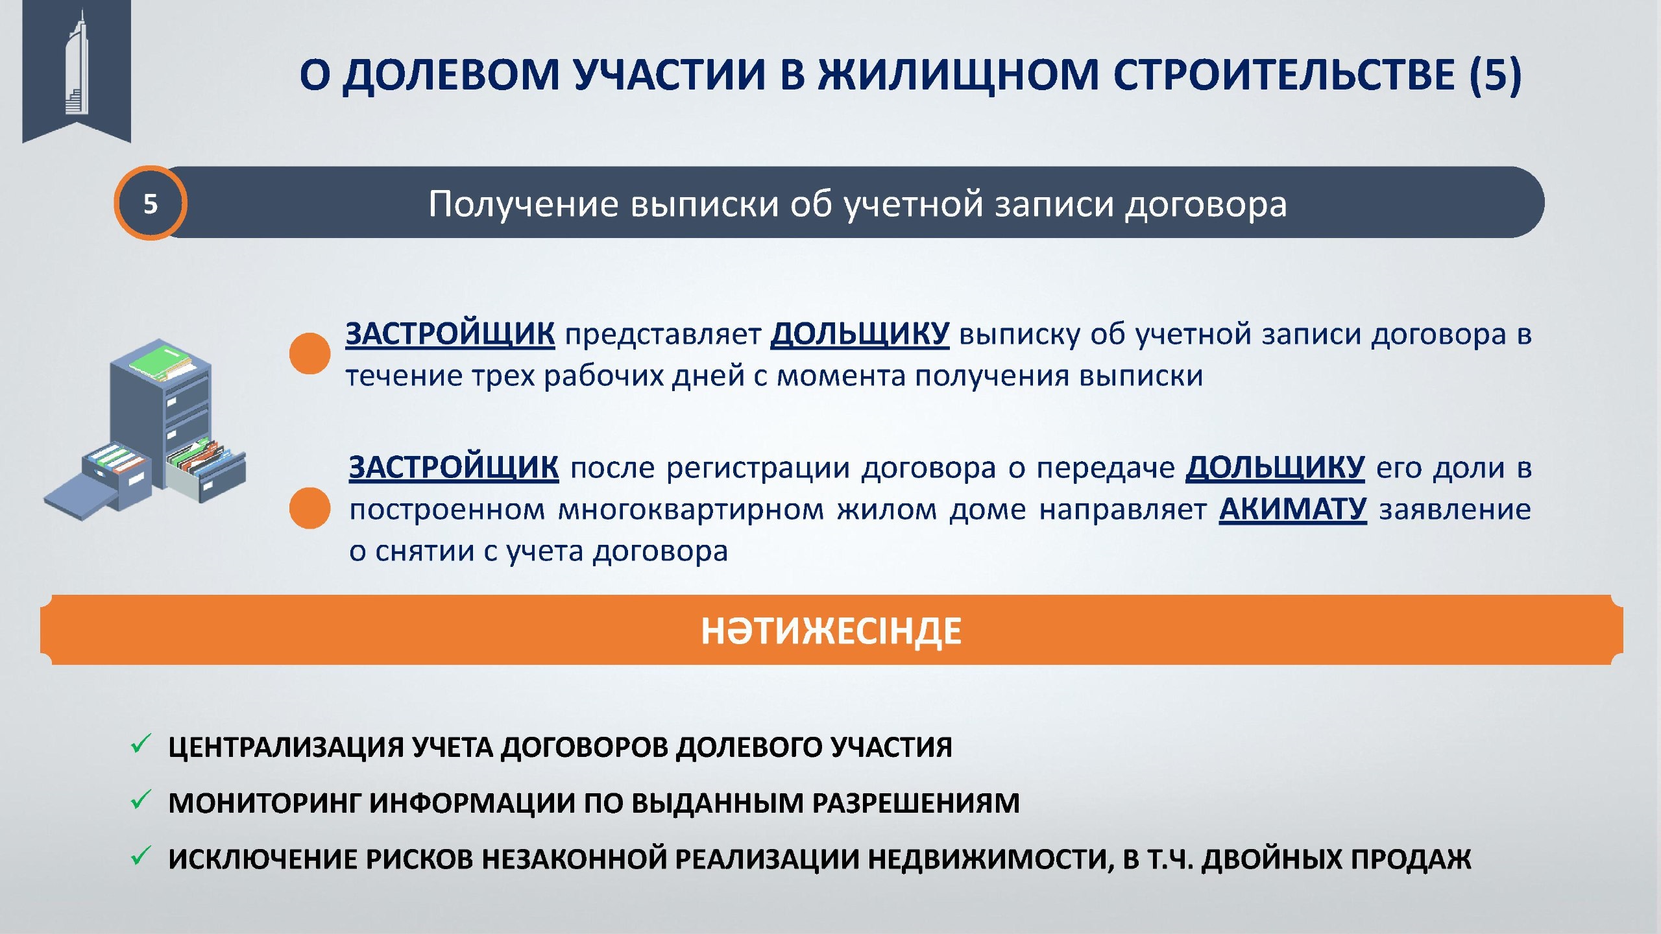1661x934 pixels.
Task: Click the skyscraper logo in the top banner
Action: (x=77, y=63)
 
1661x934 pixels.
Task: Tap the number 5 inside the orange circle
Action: (x=151, y=204)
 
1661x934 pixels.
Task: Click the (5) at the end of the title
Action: (x=1495, y=74)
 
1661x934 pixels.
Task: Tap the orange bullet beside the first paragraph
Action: (x=309, y=353)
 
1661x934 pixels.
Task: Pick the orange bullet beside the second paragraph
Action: (x=309, y=508)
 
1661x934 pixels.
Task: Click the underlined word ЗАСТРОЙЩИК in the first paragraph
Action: (x=450, y=335)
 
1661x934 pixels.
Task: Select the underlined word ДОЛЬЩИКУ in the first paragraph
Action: (x=860, y=335)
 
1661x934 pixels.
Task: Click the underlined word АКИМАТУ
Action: (x=1292, y=510)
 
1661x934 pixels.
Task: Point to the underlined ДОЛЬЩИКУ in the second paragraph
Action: (x=1275, y=468)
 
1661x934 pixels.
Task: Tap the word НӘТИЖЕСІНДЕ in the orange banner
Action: (x=831, y=631)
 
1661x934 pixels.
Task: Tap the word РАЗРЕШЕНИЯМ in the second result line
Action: (x=916, y=804)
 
